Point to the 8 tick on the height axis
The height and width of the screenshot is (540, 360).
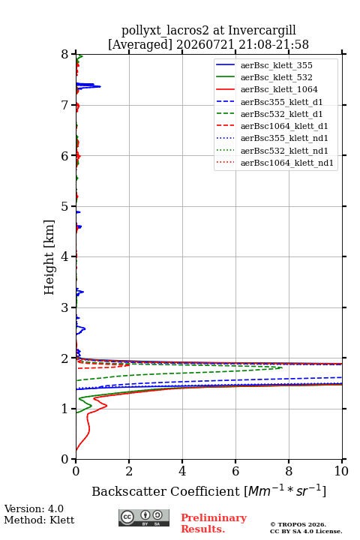[x=73, y=54]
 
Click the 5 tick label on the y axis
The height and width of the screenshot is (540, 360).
[x=64, y=207]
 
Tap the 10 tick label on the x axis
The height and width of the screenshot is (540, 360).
[x=341, y=471]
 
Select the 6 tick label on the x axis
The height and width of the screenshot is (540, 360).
[x=235, y=471]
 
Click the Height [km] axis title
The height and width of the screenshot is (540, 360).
[x=49, y=257]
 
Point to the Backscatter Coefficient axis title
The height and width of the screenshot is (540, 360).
[x=208, y=490]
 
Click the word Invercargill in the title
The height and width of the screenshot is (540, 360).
[x=262, y=30]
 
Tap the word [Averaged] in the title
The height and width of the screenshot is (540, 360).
[x=140, y=45]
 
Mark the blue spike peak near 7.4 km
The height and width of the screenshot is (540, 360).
[x=100, y=86]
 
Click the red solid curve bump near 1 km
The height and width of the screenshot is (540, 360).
[x=106, y=406]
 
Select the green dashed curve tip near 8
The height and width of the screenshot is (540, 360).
[x=282, y=367]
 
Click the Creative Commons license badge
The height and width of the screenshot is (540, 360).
[x=144, y=517]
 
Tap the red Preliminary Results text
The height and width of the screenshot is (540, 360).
[x=214, y=523]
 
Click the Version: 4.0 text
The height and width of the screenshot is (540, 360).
[x=34, y=508]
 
